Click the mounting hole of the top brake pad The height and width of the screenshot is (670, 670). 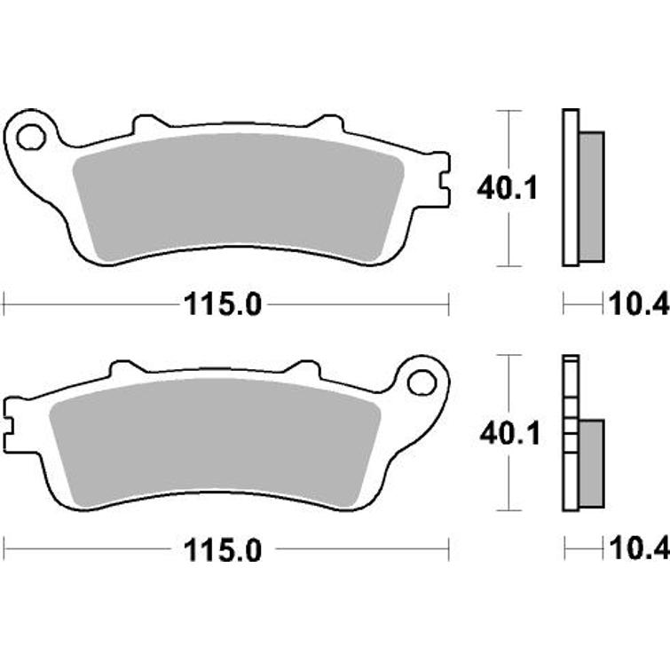(x=31, y=138)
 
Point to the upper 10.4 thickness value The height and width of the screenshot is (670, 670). (x=636, y=305)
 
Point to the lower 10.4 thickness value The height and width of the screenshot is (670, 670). (x=636, y=550)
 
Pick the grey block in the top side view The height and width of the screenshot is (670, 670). (x=592, y=196)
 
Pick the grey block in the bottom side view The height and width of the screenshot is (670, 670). (x=590, y=462)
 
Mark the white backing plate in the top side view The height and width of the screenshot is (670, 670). (x=570, y=186)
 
